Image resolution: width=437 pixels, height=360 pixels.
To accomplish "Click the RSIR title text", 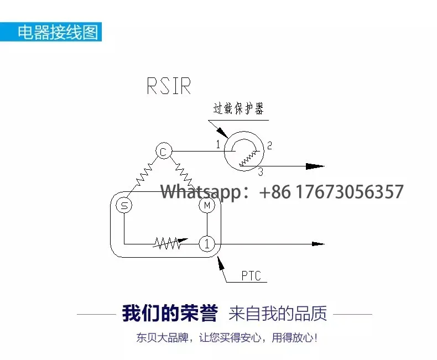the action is pyautogui.click(x=169, y=86).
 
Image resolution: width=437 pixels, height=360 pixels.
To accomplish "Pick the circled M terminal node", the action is pyautogui.click(x=207, y=206).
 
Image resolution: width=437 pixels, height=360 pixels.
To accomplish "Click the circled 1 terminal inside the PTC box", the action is pyautogui.click(x=206, y=243).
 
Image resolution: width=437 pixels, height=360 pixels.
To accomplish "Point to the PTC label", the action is pyautogui.click(x=251, y=276).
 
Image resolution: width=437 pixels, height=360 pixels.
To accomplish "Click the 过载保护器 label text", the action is pyautogui.click(x=238, y=108).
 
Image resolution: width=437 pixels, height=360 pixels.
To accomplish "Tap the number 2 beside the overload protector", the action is pyautogui.click(x=269, y=146).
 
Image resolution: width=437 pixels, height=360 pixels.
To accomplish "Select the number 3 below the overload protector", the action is pyautogui.click(x=261, y=173).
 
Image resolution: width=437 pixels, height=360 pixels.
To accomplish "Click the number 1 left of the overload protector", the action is pyautogui.click(x=217, y=145).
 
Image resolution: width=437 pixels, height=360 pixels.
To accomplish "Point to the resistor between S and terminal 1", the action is pyautogui.click(x=167, y=243).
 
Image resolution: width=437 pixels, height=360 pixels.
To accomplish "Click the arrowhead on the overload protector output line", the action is pyautogui.click(x=315, y=166).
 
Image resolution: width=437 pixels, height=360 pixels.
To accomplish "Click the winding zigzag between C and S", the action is pyautogui.click(x=142, y=175).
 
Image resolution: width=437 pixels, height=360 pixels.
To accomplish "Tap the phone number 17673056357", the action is pyautogui.click(x=351, y=192).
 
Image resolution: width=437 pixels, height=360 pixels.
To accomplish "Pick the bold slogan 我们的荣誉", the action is pyautogui.click(x=170, y=314).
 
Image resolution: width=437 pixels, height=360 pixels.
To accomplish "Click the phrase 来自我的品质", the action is pyautogui.click(x=278, y=314).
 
